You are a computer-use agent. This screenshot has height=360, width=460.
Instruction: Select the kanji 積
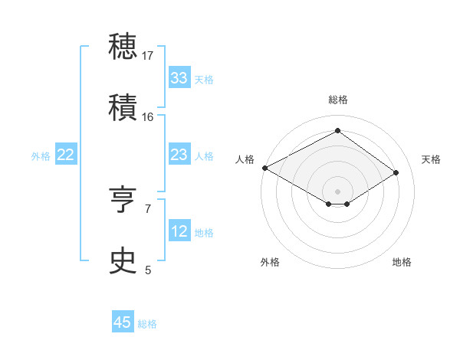[124, 107]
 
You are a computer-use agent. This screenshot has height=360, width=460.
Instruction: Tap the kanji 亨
[124, 201]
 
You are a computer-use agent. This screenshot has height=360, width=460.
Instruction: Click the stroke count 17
[148, 55]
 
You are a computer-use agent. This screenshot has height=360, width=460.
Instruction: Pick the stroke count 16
[148, 116]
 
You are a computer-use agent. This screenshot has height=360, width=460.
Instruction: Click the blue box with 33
[179, 78]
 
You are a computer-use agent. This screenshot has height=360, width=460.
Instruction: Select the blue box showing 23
[179, 155]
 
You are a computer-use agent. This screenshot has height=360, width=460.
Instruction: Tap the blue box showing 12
[179, 231]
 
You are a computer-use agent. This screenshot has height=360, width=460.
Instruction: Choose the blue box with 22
[66, 155]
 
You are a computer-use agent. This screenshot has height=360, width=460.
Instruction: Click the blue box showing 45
[123, 322]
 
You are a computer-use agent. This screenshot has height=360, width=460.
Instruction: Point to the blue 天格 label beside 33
[204, 79]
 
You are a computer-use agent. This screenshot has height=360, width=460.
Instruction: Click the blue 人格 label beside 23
[204, 155]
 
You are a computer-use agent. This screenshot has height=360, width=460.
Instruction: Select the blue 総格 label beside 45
[147, 323]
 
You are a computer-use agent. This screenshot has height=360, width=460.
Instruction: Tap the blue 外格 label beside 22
[41, 155]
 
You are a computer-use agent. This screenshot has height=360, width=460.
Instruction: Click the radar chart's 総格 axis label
[337, 100]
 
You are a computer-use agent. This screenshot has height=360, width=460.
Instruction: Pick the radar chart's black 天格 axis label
[431, 159]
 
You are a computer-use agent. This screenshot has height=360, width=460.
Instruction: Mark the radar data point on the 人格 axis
[264, 168]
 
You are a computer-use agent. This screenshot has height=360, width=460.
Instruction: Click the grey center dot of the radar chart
[337, 191]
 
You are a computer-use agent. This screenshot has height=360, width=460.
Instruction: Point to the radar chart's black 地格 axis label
[402, 262]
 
